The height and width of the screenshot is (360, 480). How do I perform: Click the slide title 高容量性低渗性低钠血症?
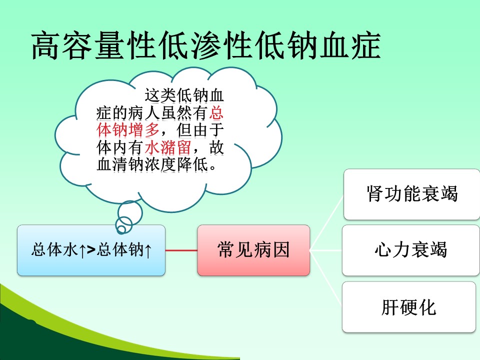(206, 46)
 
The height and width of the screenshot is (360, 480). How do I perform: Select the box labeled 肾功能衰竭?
(411, 194)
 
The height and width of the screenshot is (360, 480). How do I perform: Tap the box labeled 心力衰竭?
(411, 250)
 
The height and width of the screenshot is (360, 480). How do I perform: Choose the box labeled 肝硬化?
(409, 307)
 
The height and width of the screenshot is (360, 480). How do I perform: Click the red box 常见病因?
(253, 250)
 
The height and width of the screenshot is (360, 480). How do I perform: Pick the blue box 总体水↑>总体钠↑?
(91, 250)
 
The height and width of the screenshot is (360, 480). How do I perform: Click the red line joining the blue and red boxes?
(181, 250)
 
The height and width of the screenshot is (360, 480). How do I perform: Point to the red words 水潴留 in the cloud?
(168, 148)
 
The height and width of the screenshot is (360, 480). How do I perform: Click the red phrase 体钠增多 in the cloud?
(128, 130)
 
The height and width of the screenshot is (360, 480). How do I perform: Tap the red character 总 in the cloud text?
(216, 112)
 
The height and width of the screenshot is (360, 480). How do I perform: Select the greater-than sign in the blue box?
(91, 250)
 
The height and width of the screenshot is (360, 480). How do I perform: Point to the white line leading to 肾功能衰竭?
(326, 223)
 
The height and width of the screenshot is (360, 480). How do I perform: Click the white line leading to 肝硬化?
(325, 278)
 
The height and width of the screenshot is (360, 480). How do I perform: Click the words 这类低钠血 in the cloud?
(184, 95)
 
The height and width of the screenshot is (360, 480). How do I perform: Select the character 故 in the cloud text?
(216, 148)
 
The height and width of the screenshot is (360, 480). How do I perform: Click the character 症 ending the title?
(366, 46)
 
